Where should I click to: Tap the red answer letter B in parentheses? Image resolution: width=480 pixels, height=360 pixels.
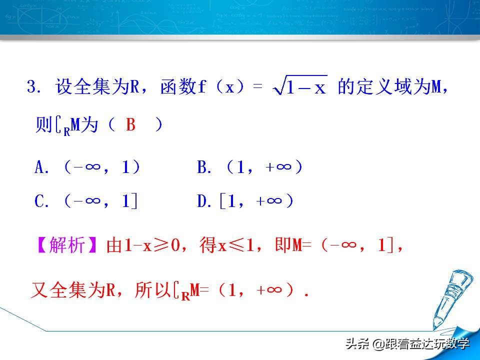(x=131, y=124)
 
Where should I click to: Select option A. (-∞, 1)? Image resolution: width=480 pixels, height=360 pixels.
(x=87, y=168)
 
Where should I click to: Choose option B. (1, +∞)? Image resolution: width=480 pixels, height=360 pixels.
(x=250, y=168)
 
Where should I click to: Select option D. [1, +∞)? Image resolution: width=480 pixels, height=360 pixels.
(x=245, y=201)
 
